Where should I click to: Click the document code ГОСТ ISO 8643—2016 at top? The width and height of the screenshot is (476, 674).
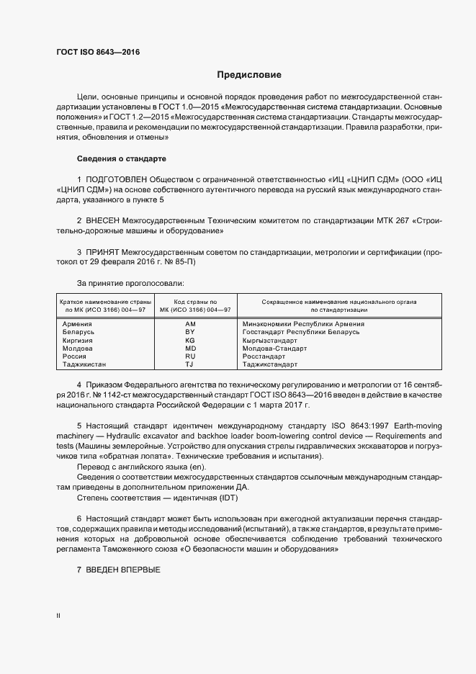click(98, 53)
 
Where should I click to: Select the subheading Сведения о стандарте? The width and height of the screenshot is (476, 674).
click(122, 158)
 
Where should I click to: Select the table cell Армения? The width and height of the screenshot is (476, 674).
click(78, 324)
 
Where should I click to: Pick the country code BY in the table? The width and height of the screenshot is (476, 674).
click(190, 332)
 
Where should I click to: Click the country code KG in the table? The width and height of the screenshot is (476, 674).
click(190, 340)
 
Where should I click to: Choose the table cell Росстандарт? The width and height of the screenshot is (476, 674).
click(264, 356)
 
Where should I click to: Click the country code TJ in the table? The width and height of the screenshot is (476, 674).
click(190, 365)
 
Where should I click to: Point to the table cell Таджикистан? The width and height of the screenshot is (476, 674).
click(85, 365)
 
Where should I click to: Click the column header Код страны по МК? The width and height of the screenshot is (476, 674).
click(190, 305)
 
